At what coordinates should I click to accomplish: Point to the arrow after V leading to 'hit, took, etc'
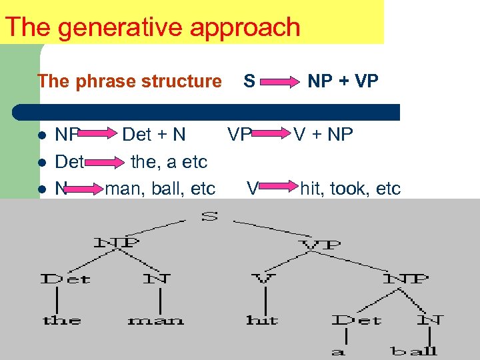[279, 189]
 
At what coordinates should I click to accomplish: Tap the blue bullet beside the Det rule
[42, 163]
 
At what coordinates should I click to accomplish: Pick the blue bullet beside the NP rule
[42, 136]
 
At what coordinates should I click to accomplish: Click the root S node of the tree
[209, 217]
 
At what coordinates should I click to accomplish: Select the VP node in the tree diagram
[321, 245]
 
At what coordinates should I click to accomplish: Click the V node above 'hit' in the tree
[262, 278]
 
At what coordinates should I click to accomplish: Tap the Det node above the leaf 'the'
[65, 278]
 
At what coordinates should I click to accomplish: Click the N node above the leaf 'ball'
[429, 319]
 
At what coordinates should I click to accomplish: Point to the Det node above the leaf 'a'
[357, 320]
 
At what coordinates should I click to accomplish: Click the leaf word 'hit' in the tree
[262, 320]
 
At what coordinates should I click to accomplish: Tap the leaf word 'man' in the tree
[155, 321]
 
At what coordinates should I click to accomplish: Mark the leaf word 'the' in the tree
[62, 320]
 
